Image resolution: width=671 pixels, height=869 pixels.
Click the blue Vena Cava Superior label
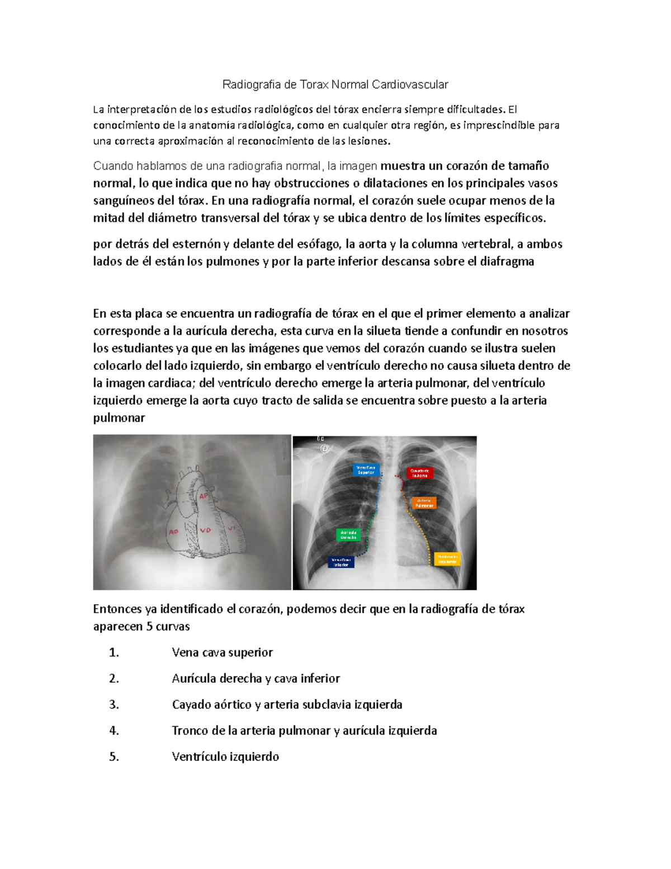(366, 469)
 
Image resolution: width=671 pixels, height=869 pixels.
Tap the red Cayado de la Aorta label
(420, 473)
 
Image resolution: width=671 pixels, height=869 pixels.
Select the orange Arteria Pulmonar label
(424, 503)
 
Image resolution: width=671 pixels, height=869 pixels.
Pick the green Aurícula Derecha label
(348, 535)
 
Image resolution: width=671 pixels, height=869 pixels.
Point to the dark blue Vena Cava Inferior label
(341, 562)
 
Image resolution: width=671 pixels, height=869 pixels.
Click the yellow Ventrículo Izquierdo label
(447, 559)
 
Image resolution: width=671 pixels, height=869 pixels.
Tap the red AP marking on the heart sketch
(204, 496)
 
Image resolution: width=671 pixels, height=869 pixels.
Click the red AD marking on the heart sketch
(173, 531)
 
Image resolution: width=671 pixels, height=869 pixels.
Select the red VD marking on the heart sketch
(205, 529)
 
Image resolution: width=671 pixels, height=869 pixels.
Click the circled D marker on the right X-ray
(324, 448)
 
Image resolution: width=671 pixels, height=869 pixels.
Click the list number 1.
(114, 652)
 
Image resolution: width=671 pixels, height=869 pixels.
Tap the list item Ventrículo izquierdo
(225, 757)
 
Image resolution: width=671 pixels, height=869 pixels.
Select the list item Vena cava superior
(222, 652)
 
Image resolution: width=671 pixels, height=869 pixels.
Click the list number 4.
(114, 731)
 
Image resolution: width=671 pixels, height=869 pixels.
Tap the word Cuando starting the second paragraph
(112, 166)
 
